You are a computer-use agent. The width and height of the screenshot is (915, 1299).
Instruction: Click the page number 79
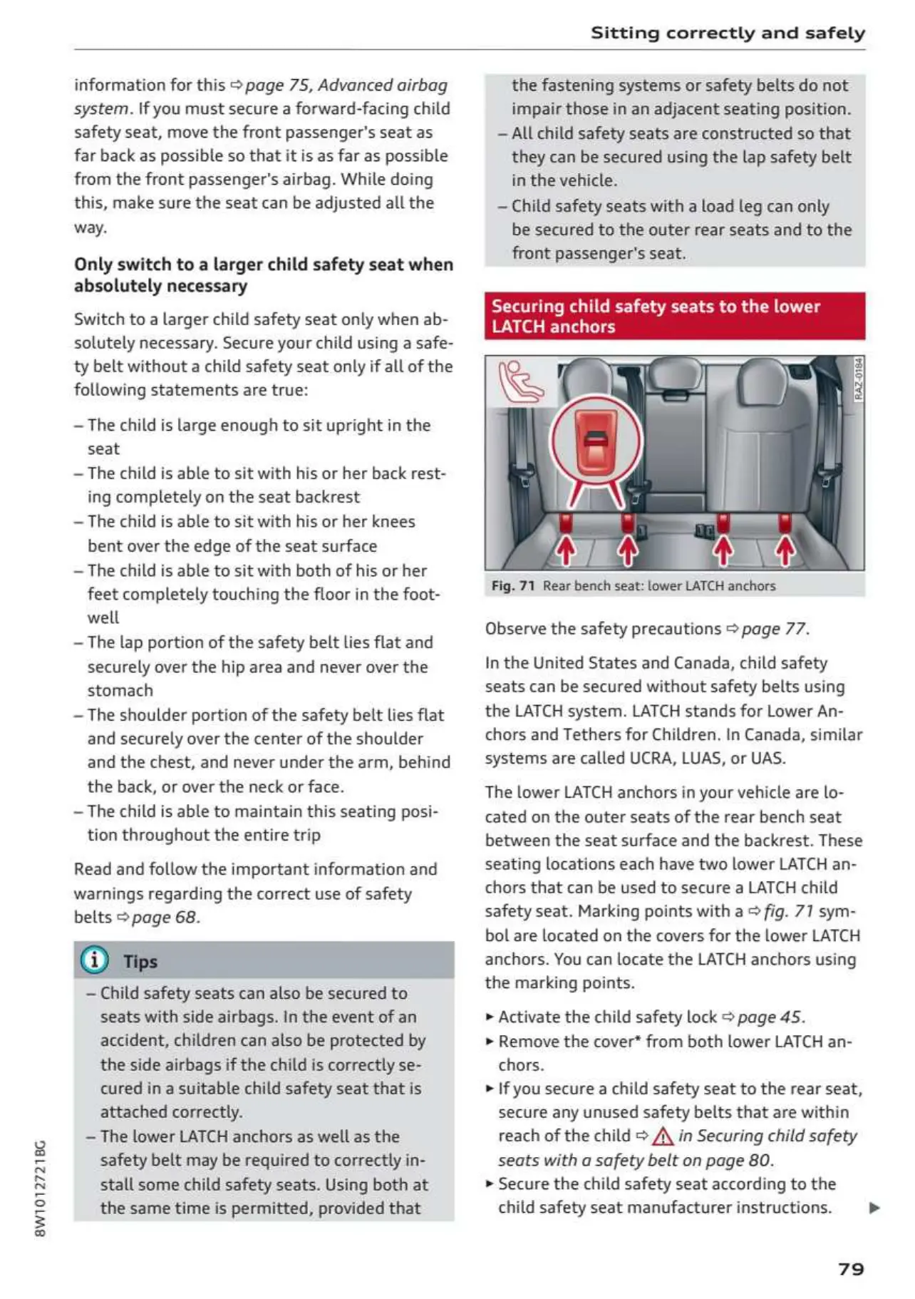[x=851, y=1268]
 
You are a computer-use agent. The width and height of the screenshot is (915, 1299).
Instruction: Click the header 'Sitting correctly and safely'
[x=728, y=33]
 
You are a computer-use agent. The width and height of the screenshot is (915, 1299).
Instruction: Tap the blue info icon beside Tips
[x=95, y=960]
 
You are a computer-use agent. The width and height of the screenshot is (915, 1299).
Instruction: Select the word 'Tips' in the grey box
[x=140, y=962]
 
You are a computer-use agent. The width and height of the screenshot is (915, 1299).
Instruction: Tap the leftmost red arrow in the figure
[x=566, y=550]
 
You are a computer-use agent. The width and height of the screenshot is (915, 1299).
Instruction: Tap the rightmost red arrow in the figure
[x=785, y=550]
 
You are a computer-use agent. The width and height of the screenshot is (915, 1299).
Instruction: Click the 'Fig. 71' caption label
[x=513, y=586]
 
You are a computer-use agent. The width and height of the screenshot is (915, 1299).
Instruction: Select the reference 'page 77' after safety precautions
[x=774, y=629]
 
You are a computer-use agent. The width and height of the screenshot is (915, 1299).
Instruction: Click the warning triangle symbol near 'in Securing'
[x=663, y=1136]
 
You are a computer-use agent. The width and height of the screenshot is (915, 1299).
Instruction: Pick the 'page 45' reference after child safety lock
[x=770, y=1017]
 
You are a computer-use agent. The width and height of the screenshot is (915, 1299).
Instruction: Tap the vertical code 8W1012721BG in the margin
[x=41, y=1188]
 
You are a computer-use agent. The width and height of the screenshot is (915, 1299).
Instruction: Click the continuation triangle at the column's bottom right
[x=874, y=1208]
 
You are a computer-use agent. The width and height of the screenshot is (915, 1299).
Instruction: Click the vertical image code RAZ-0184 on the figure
[x=858, y=379]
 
